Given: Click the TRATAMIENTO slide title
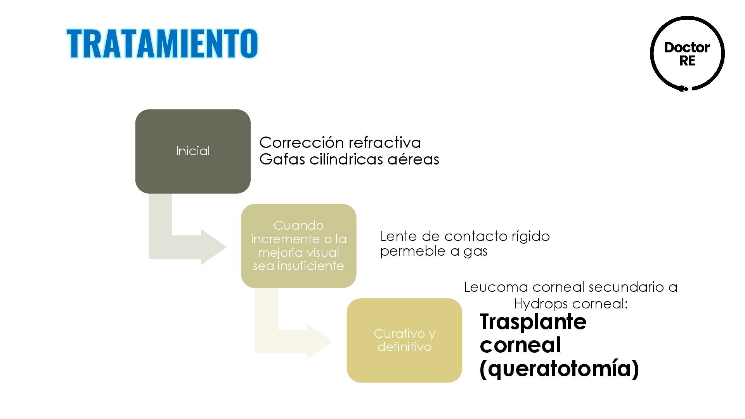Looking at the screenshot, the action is tap(162, 43).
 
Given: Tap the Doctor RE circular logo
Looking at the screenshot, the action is tap(687, 54).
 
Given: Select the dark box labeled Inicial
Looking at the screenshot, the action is tap(193, 151).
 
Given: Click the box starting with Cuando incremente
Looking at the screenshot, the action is tap(298, 246).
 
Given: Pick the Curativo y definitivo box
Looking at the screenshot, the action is tap(404, 340).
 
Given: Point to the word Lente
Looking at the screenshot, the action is tap(398, 236).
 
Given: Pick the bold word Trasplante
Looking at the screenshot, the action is tap(533, 322).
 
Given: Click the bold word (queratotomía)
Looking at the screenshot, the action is tap(559, 368).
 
